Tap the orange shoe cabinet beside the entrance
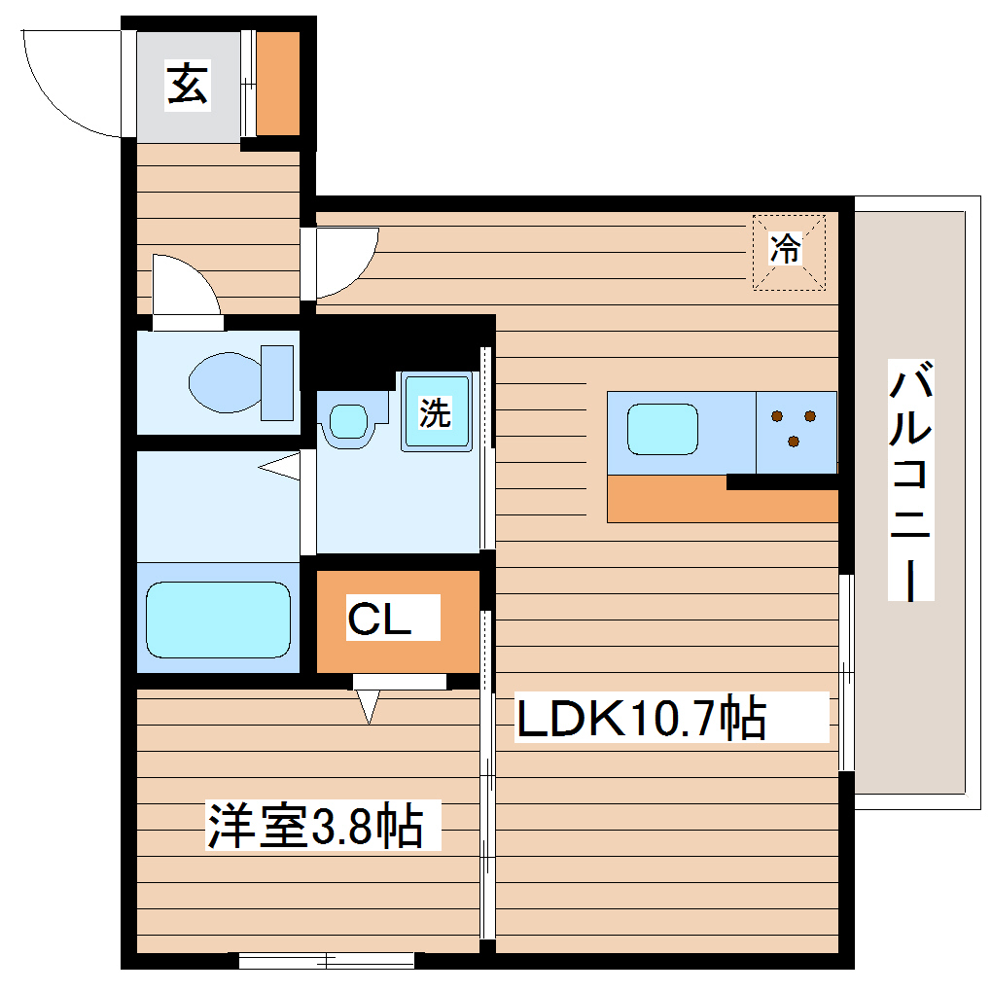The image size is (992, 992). tap(277, 84)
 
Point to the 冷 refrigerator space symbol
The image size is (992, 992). tap(788, 251)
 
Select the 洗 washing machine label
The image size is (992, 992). tap(435, 413)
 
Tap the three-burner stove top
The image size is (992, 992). tap(796, 429)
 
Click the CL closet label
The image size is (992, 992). tap(379, 620)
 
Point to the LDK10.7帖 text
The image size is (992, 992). tap(641, 721)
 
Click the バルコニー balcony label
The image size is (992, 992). tap(912, 480)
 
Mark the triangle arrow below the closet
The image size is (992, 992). tap(368, 706)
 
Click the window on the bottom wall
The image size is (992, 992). tap(327, 961)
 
